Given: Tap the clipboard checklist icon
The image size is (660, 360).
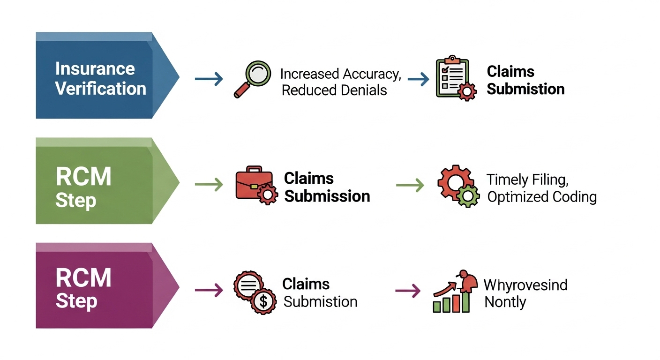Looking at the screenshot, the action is [456, 78].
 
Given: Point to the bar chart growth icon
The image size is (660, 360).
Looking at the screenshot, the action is [455, 291].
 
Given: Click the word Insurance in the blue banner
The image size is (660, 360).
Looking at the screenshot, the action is [95, 68].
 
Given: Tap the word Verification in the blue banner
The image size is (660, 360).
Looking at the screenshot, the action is [100, 89].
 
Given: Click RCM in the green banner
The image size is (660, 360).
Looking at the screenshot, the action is [83, 176].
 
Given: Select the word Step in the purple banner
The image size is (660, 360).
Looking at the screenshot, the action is [76, 301].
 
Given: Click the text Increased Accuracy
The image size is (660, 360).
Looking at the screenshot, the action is [341, 74].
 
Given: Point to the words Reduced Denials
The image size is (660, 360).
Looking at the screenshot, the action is [334, 90].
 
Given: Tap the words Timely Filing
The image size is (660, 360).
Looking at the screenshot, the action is [527, 180].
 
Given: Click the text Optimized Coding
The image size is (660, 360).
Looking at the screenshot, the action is [542, 197].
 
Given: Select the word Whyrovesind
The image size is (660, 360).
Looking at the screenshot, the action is [525, 285].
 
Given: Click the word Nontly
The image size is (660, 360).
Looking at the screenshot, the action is [505, 302].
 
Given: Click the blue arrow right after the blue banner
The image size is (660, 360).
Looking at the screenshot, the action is [209, 79].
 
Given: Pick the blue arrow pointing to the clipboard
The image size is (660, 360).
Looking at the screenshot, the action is [419, 79].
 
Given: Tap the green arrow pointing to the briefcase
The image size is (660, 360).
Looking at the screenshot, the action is [209, 185].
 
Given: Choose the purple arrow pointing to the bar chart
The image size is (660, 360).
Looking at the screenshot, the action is [408, 291].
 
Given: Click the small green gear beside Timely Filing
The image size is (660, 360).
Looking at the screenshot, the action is [468, 196].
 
